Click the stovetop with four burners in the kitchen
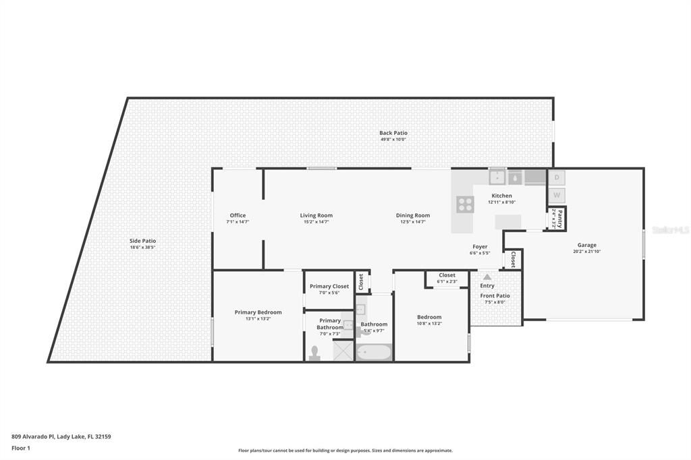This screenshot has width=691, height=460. pyautogui.click(x=465, y=204)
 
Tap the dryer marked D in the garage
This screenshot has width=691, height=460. pyautogui.click(x=557, y=178)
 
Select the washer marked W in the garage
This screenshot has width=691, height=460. pyautogui.click(x=557, y=196)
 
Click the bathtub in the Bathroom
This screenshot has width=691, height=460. pyautogui.click(x=373, y=353)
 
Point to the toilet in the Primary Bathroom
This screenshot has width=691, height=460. pyautogui.click(x=314, y=353)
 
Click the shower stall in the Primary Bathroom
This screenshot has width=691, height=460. pyautogui.click(x=343, y=349)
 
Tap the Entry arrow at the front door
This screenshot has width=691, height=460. pyautogui.click(x=487, y=277)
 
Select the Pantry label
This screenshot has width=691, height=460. pyautogui.click(x=559, y=219)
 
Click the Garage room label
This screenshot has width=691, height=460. pyautogui.click(x=586, y=245)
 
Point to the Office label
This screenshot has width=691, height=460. pyautogui.click(x=238, y=215)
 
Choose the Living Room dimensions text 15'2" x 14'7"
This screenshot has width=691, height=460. pyautogui.click(x=316, y=222)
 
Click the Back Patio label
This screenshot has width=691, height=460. pyautogui.click(x=393, y=133)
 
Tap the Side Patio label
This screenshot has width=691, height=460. pyautogui.click(x=142, y=241)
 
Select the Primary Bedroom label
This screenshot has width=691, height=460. pyautogui.click(x=258, y=312)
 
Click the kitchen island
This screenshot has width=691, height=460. pyautogui.click(x=508, y=222)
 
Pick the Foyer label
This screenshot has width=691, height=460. pyautogui.click(x=480, y=247)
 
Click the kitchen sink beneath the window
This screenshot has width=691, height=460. pyautogui.click(x=497, y=177)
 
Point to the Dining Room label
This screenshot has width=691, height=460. pyautogui.click(x=413, y=215)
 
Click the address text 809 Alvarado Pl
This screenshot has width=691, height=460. pyautogui.click(x=34, y=436)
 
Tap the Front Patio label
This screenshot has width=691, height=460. pyautogui.click(x=495, y=295)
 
